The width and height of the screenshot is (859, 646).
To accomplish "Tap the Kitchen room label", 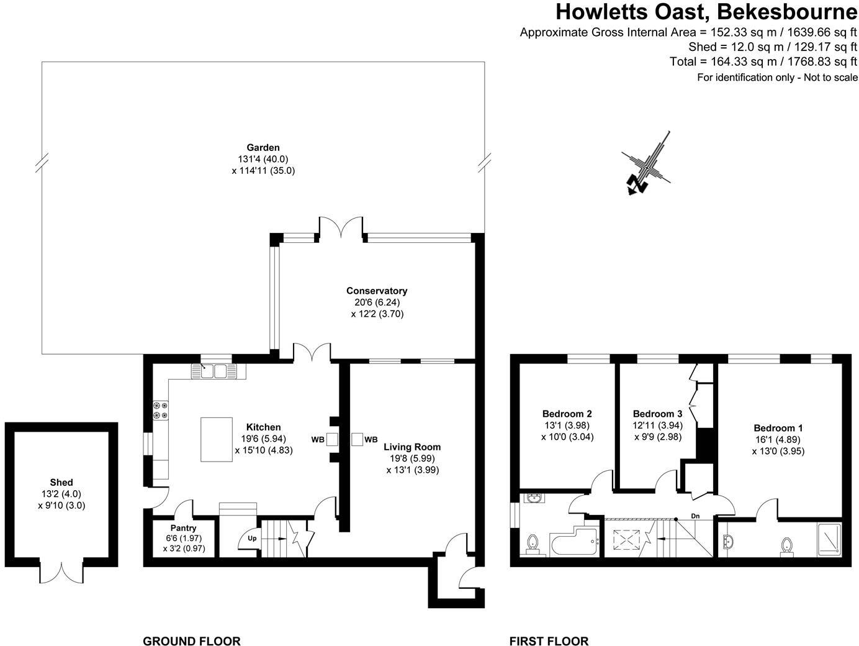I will tap(264, 427).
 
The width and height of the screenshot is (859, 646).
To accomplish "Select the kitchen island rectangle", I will tap(216, 439).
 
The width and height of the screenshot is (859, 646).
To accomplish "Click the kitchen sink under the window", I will tap(214, 371).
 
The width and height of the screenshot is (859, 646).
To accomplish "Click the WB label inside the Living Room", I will tap(371, 440).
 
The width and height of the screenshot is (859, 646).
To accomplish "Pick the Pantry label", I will tap(184, 528).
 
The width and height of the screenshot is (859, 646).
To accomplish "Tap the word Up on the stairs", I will tap(252, 538).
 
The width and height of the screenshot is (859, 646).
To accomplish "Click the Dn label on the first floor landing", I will tap(696, 516).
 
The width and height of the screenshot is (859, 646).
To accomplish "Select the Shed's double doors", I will tap(62, 571).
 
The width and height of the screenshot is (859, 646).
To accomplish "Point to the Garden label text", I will tap(263, 148).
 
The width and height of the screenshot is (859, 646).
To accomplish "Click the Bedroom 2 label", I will tap(567, 414).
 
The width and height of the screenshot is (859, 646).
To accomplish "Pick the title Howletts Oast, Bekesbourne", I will tap(706, 12).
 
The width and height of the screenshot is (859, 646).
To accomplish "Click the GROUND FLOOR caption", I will tap(192, 641).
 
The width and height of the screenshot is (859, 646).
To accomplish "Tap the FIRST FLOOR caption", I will tap(549, 641).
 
